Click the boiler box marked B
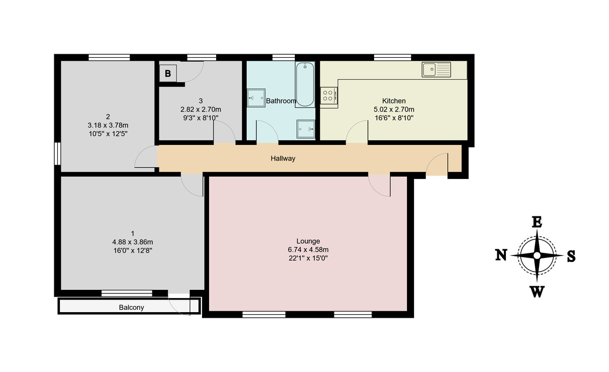(x=167, y=73)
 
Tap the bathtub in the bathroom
(x=305, y=84)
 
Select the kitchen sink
(x=436, y=69)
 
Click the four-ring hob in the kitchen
(x=328, y=96)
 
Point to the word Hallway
(x=283, y=159)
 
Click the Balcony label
(x=131, y=307)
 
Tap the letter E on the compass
(x=537, y=221)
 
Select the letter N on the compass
(x=501, y=255)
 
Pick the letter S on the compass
(x=571, y=256)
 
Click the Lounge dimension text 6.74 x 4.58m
(x=308, y=249)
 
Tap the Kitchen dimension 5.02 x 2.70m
(x=394, y=109)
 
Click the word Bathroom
(x=281, y=101)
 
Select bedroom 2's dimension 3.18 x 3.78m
(x=108, y=125)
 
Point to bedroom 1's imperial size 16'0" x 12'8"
(x=132, y=250)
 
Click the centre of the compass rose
(x=537, y=255)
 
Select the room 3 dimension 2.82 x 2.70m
(x=200, y=109)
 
